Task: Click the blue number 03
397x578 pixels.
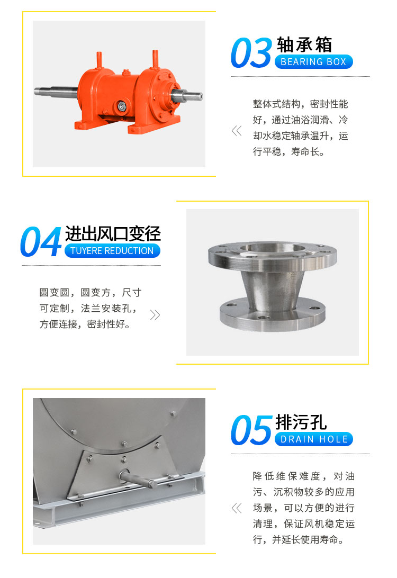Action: click(251, 53)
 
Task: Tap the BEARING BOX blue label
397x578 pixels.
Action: click(313, 62)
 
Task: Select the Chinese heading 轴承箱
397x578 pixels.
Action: click(304, 44)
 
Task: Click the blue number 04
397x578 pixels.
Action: click(41, 242)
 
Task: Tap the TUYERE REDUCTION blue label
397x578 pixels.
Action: click(112, 251)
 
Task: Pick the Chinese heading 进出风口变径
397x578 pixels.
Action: click(113, 233)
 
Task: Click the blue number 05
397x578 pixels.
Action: click(251, 430)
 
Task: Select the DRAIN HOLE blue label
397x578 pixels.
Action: click(314, 439)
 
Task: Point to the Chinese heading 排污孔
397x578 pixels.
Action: click(301, 422)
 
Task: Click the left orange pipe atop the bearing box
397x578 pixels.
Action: click(98, 61)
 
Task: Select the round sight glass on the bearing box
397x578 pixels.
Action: click(121, 106)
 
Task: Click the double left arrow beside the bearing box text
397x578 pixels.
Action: click(237, 131)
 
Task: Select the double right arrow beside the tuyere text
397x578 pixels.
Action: click(155, 315)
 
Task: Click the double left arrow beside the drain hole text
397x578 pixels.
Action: click(237, 508)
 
